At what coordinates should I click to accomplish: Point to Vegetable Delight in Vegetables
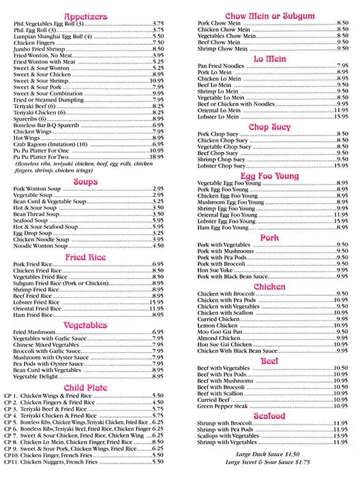(x=36, y=376)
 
